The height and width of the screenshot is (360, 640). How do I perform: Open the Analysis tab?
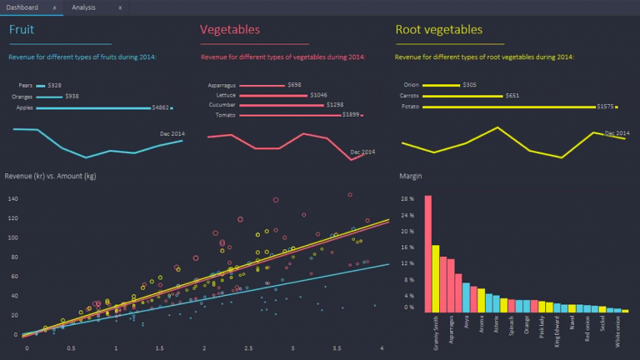coord(83,7)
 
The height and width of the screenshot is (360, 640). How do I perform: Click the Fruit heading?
coord(22,30)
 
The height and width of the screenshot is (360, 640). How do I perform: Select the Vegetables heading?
coord(230,30)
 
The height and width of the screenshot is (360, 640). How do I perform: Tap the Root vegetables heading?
coord(438,30)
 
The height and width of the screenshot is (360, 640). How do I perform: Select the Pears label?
coord(25,86)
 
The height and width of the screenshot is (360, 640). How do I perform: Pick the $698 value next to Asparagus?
coord(294,85)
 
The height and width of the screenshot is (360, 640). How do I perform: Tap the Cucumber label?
coord(222,105)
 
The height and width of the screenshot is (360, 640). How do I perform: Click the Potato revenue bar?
coord(509,107)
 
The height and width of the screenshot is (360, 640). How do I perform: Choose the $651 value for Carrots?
coord(512,96)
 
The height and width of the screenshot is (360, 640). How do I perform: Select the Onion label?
coord(411,85)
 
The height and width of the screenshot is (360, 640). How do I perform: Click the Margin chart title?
coord(411,177)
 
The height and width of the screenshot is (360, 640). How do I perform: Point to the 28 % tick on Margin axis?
coord(407,200)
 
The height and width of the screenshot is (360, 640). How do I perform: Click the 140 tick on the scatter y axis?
coord(12,199)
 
